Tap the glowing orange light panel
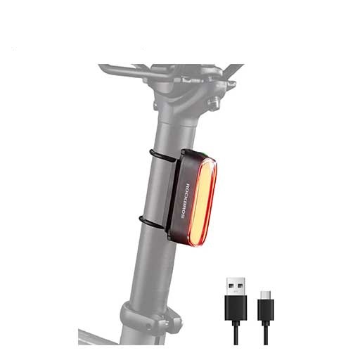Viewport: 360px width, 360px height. point(202,202)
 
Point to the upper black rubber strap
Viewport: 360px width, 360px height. point(163,155)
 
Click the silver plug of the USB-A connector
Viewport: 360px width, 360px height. point(236,286)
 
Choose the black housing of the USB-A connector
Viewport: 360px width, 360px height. point(236,308)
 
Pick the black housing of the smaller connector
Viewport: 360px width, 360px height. point(266,310)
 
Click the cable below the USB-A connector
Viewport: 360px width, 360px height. point(236,333)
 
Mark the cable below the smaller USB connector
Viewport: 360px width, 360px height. point(266,333)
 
